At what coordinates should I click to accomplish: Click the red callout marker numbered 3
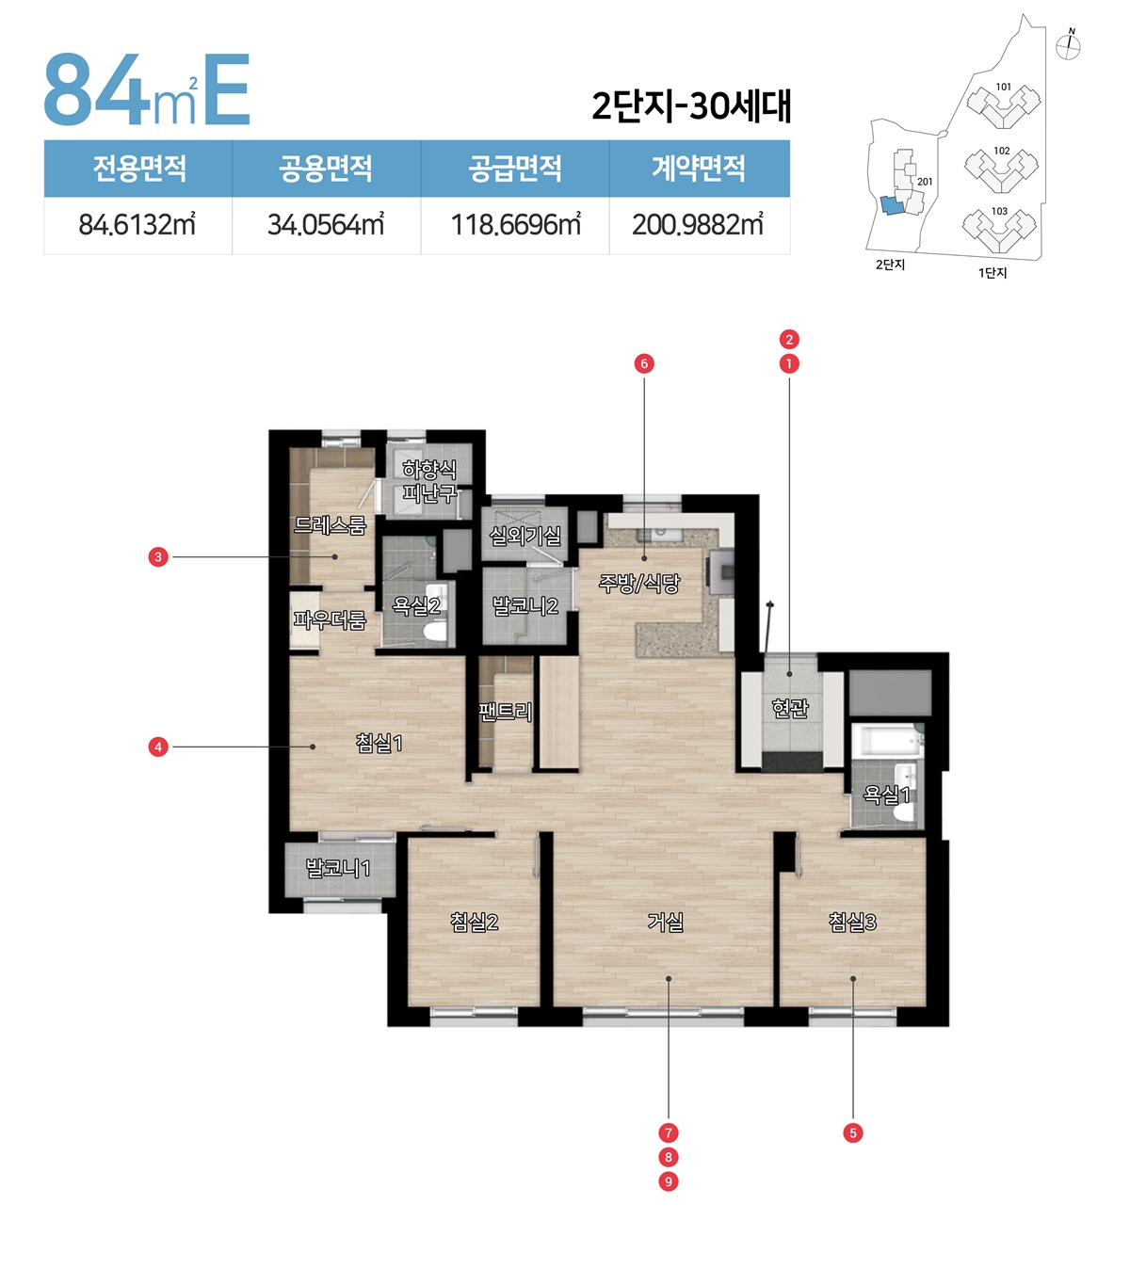coord(158,556)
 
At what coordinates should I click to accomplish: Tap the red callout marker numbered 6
coord(644,364)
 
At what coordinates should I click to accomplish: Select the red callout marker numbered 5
coord(852,1132)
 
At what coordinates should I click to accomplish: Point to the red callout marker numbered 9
coord(668,1181)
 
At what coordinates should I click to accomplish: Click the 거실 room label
coord(666,922)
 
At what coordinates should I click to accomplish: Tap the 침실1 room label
coord(379,743)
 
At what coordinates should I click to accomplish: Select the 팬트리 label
coord(505,712)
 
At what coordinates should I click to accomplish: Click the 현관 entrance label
coord(790,709)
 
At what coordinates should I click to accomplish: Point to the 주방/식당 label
coord(638,584)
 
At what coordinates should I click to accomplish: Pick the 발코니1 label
coord(338,868)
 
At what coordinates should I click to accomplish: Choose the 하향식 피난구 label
coord(429,481)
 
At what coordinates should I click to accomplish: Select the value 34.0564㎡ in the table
coord(326,225)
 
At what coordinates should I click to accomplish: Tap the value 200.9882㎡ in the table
coord(698,225)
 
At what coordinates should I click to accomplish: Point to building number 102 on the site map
coord(1002,151)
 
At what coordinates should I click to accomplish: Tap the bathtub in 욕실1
coord(887,741)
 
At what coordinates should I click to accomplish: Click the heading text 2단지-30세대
coord(691,105)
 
